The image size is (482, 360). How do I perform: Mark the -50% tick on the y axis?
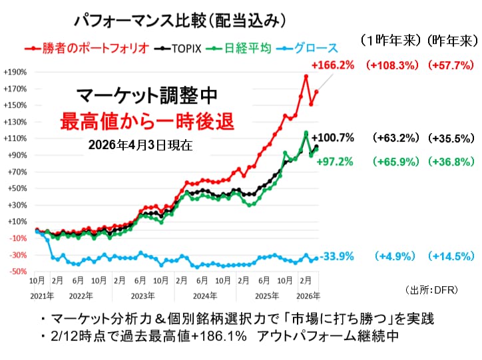pyautogui.click(x=16, y=271)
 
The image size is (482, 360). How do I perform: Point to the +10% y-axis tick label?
pyautogui.click(x=16, y=222)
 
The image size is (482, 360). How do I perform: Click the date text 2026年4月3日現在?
pyautogui.click(x=139, y=145)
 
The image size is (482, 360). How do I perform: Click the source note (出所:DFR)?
pyautogui.click(x=430, y=289)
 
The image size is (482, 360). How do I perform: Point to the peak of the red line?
pyautogui.click(x=306, y=77)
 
